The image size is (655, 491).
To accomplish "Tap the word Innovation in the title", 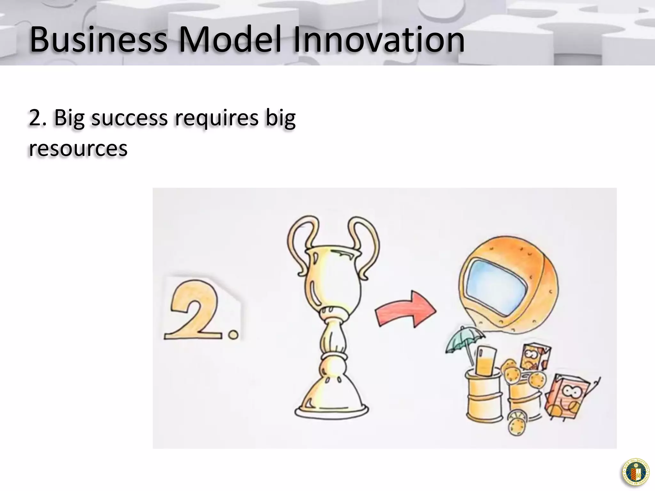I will [379, 40].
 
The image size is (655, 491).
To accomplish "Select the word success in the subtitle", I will [129, 118].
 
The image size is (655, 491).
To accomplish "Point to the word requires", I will [216, 118].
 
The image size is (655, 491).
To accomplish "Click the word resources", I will [78, 148].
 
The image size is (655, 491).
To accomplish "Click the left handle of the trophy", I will [302, 243].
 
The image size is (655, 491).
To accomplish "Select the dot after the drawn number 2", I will [233, 335].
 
